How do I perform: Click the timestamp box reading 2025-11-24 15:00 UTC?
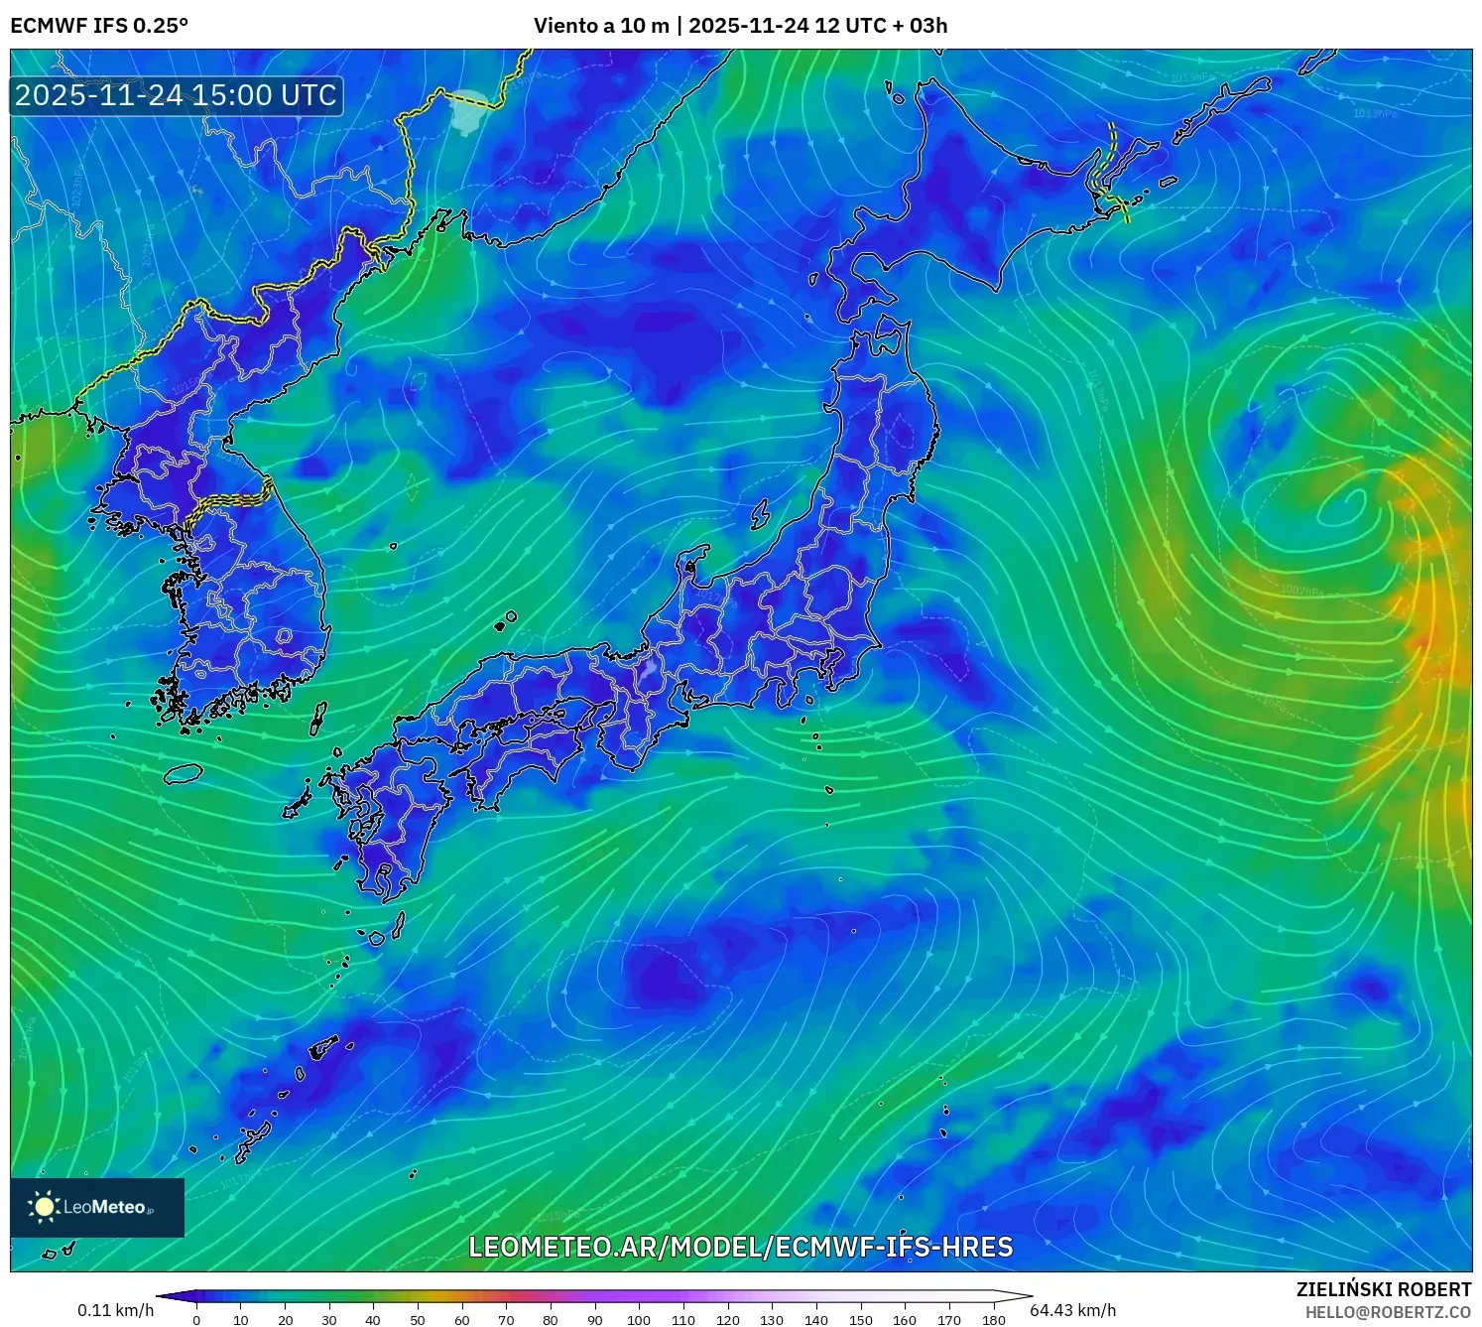pos(177,95)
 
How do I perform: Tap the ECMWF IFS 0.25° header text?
pos(99,26)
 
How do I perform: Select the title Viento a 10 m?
pos(601,26)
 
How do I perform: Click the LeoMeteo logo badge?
pos(97,1207)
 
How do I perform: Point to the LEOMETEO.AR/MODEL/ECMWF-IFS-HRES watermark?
pos(740,1247)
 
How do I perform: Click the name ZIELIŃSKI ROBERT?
pos(1384,1289)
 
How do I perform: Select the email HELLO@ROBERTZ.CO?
pos(1388,1312)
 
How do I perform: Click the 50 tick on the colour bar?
pos(418,1320)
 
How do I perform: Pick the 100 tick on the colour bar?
pos(639,1320)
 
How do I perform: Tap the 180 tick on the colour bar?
pos(993,1320)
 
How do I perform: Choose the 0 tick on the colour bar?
pos(196,1320)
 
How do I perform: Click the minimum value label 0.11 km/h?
pos(116,1310)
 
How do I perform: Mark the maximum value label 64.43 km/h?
pos(1072,1310)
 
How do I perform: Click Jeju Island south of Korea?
pos(184,773)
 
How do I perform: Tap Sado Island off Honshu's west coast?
pos(760,514)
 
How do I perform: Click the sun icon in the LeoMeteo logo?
pos(45,1207)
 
